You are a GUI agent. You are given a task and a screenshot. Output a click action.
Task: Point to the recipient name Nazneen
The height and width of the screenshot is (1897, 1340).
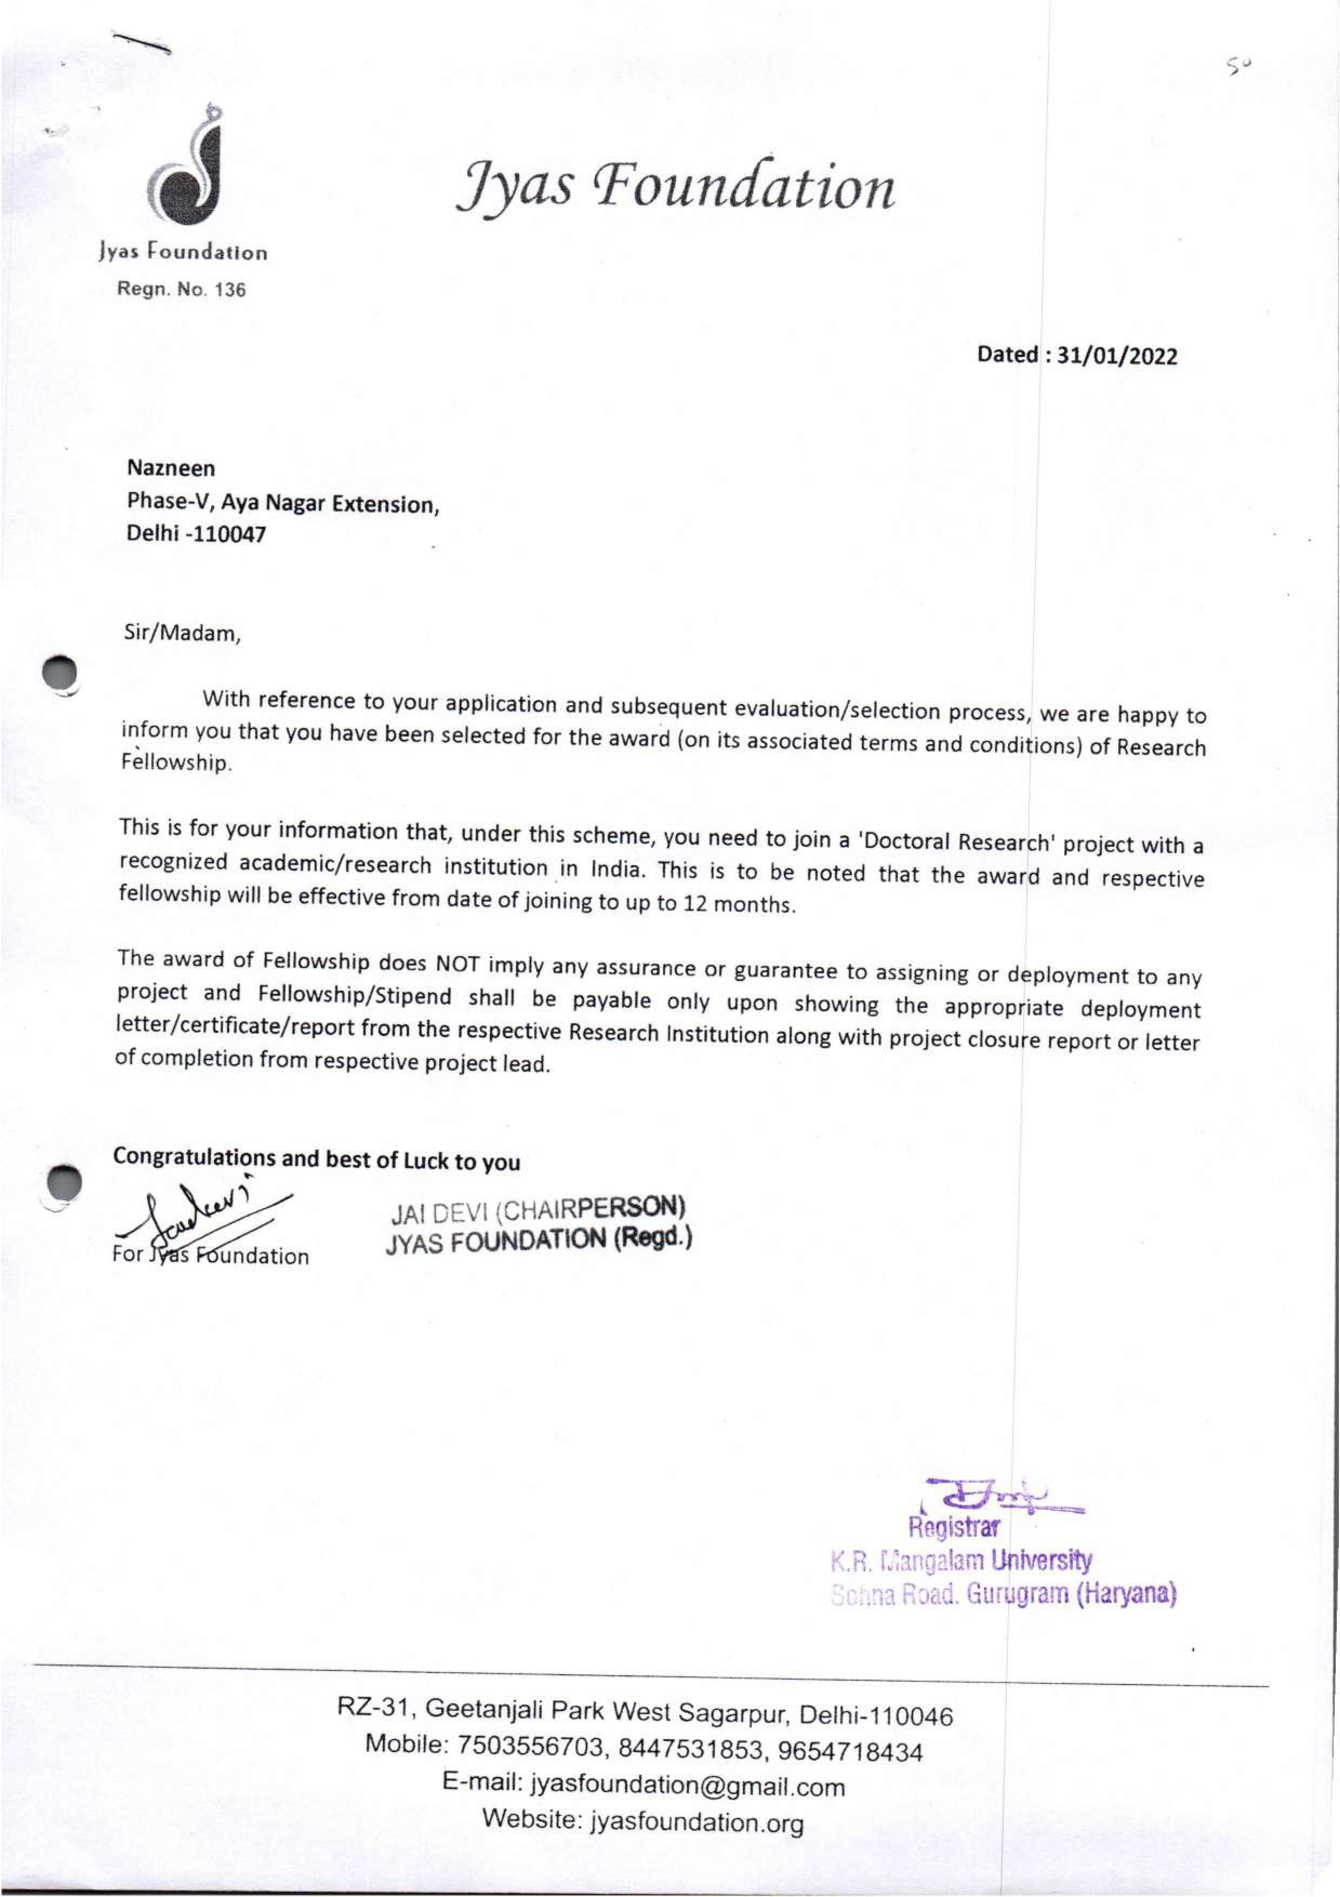(x=171, y=468)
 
